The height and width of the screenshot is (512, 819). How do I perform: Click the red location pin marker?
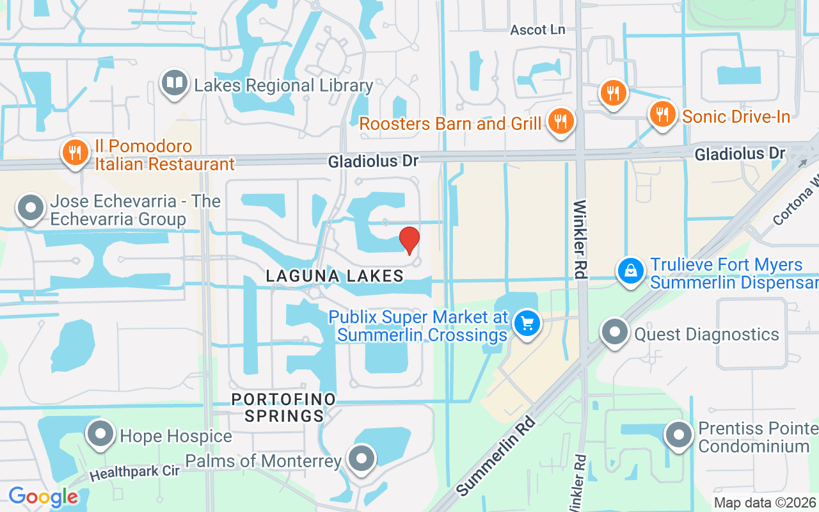(409, 240)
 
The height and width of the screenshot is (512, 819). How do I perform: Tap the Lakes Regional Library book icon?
(174, 83)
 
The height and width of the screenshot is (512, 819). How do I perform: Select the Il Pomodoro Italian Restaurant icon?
(76, 153)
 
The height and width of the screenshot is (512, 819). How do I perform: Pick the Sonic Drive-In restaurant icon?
(662, 115)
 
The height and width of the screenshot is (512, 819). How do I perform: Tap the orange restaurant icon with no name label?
(613, 93)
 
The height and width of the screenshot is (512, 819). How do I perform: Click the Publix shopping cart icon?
(527, 323)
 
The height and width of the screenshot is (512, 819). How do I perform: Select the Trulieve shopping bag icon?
(631, 271)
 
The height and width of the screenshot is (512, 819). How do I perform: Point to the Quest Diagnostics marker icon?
(615, 332)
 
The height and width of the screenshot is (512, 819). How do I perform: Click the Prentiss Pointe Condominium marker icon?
(679, 435)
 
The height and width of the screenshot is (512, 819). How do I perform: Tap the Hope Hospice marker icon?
(100, 434)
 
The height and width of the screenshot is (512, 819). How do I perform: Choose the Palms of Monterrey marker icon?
(362, 459)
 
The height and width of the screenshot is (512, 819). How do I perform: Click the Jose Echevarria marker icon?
(30, 208)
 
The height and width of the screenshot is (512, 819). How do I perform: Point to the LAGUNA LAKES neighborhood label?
(335, 276)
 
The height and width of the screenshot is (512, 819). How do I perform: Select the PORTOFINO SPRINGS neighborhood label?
(283, 408)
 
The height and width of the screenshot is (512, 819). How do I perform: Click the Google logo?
(43, 497)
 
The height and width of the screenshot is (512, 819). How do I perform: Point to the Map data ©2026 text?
(765, 503)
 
